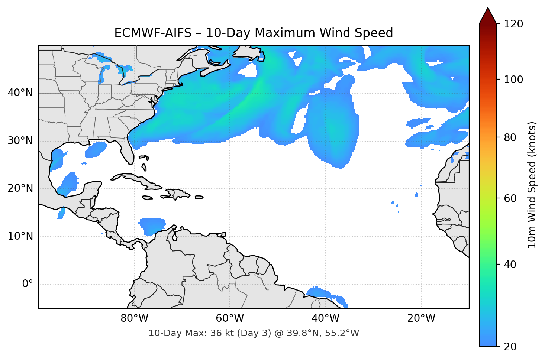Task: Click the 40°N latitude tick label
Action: [20, 93]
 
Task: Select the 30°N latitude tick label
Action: [20, 141]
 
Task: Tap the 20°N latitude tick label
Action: [20, 188]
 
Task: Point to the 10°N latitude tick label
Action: [20, 236]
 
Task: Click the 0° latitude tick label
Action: [28, 284]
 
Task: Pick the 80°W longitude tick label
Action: [134, 318]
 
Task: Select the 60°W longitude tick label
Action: [230, 318]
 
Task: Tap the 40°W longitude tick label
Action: [325, 318]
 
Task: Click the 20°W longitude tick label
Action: [421, 318]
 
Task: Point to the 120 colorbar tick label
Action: [513, 24]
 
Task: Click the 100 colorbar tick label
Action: [513, 80]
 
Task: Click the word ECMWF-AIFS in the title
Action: [152, 33]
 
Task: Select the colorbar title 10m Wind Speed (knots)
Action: [532, 185]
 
